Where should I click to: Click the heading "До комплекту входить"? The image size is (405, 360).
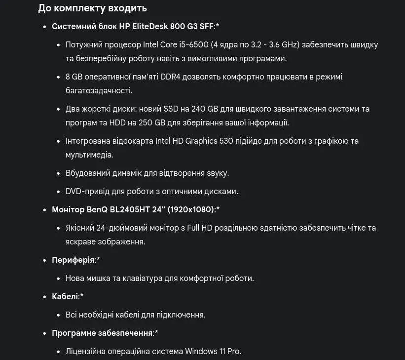(92, 8)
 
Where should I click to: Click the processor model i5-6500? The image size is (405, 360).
(193, 44)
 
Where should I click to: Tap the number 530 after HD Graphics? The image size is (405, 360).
(224, 141)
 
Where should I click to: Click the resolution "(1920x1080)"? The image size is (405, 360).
(191, 209)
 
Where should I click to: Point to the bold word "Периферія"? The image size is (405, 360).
(73, 260)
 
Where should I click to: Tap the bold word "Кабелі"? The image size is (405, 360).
(65, 296)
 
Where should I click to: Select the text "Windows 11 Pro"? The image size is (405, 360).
(213, 351)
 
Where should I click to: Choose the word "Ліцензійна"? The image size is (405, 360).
(87, 351)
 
